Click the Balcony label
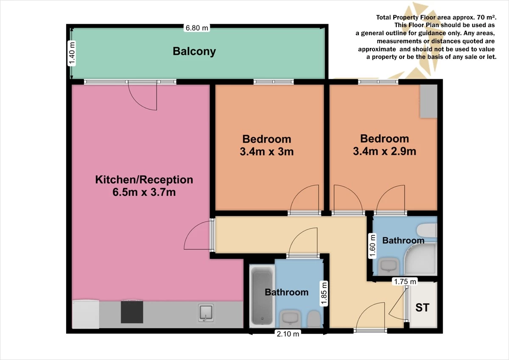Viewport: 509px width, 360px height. (194, 51)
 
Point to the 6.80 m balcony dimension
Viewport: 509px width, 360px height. (197, 28)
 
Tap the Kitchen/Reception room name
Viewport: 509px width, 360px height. (144, 179)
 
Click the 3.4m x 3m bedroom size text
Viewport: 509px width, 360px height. (266, 151)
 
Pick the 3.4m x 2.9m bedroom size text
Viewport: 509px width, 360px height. (384, 151)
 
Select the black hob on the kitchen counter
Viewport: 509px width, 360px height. (131, 312)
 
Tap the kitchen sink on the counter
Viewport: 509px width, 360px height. (206, 312)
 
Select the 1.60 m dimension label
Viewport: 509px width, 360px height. (372, 246)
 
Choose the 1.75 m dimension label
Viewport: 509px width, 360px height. (405, 281)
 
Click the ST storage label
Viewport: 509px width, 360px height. (422, 307)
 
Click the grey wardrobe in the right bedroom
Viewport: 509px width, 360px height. (428, 101)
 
